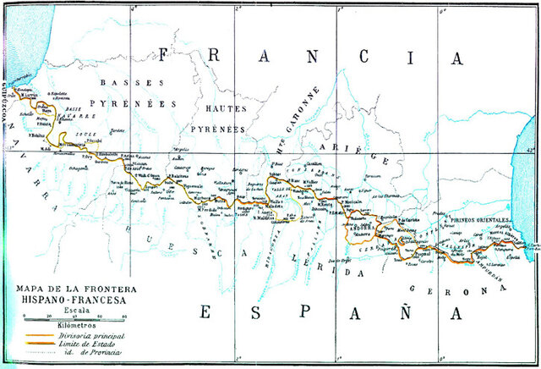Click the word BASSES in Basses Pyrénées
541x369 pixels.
[122, 83]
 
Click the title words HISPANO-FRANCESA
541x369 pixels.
[68, 299]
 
